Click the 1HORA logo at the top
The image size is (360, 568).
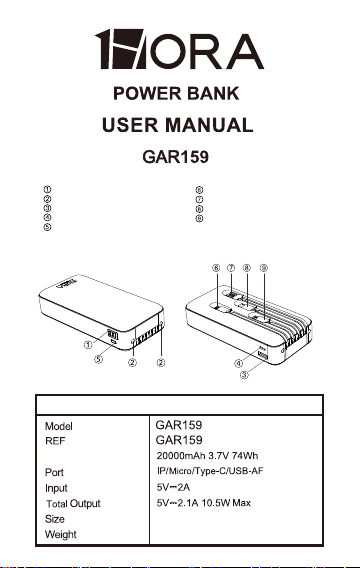[x=179, y=49]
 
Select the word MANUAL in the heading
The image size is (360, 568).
[x=209, y=125]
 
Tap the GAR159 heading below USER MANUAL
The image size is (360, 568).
[x=175, y=157]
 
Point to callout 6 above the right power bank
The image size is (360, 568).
[x=216, y=268]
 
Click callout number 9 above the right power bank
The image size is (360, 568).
[x=264, y=268]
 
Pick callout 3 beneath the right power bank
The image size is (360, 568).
[x=244, y=375]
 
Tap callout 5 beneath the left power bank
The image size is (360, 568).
[x=99, y=359]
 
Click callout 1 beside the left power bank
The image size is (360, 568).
[x=88, y=344]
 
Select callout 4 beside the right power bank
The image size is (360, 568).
[x=238, y=363]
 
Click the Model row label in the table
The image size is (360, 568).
[x=59, y=426]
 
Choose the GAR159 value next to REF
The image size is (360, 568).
[x=179, y=440]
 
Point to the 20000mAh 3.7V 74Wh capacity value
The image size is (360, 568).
[x=207, y=456]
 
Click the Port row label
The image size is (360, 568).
[x=54, y=472]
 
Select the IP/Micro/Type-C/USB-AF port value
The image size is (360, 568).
[x=210, y=471]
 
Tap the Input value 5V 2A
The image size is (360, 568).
[x=173, y=487]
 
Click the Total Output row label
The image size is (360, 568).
[x=73, y=504]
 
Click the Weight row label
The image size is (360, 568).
[x=60, y=535]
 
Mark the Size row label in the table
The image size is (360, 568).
[x=55, y=519]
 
